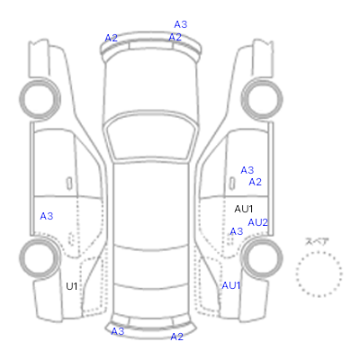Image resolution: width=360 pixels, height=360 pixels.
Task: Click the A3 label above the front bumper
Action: click(x=181, y=24)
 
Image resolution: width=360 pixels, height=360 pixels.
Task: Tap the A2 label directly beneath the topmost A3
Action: click(x=175, y=37)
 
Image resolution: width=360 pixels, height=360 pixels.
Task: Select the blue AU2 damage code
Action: click(x=257, y=222)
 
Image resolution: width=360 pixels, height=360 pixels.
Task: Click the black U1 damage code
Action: click(x=72, y=286)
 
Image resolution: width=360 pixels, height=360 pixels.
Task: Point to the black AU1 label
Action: click(x=244, y=209)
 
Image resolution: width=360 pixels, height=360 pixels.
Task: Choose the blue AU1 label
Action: click(x=231, y=285)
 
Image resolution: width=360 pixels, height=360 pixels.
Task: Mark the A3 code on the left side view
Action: click(x=47, y=216)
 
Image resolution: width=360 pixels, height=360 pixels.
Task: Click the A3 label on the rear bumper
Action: click(x=118, y=331)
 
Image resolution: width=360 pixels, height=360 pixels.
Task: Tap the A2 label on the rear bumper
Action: click(x=176, y=337)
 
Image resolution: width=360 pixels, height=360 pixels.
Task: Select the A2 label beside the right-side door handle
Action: click(x=256, y=182)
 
